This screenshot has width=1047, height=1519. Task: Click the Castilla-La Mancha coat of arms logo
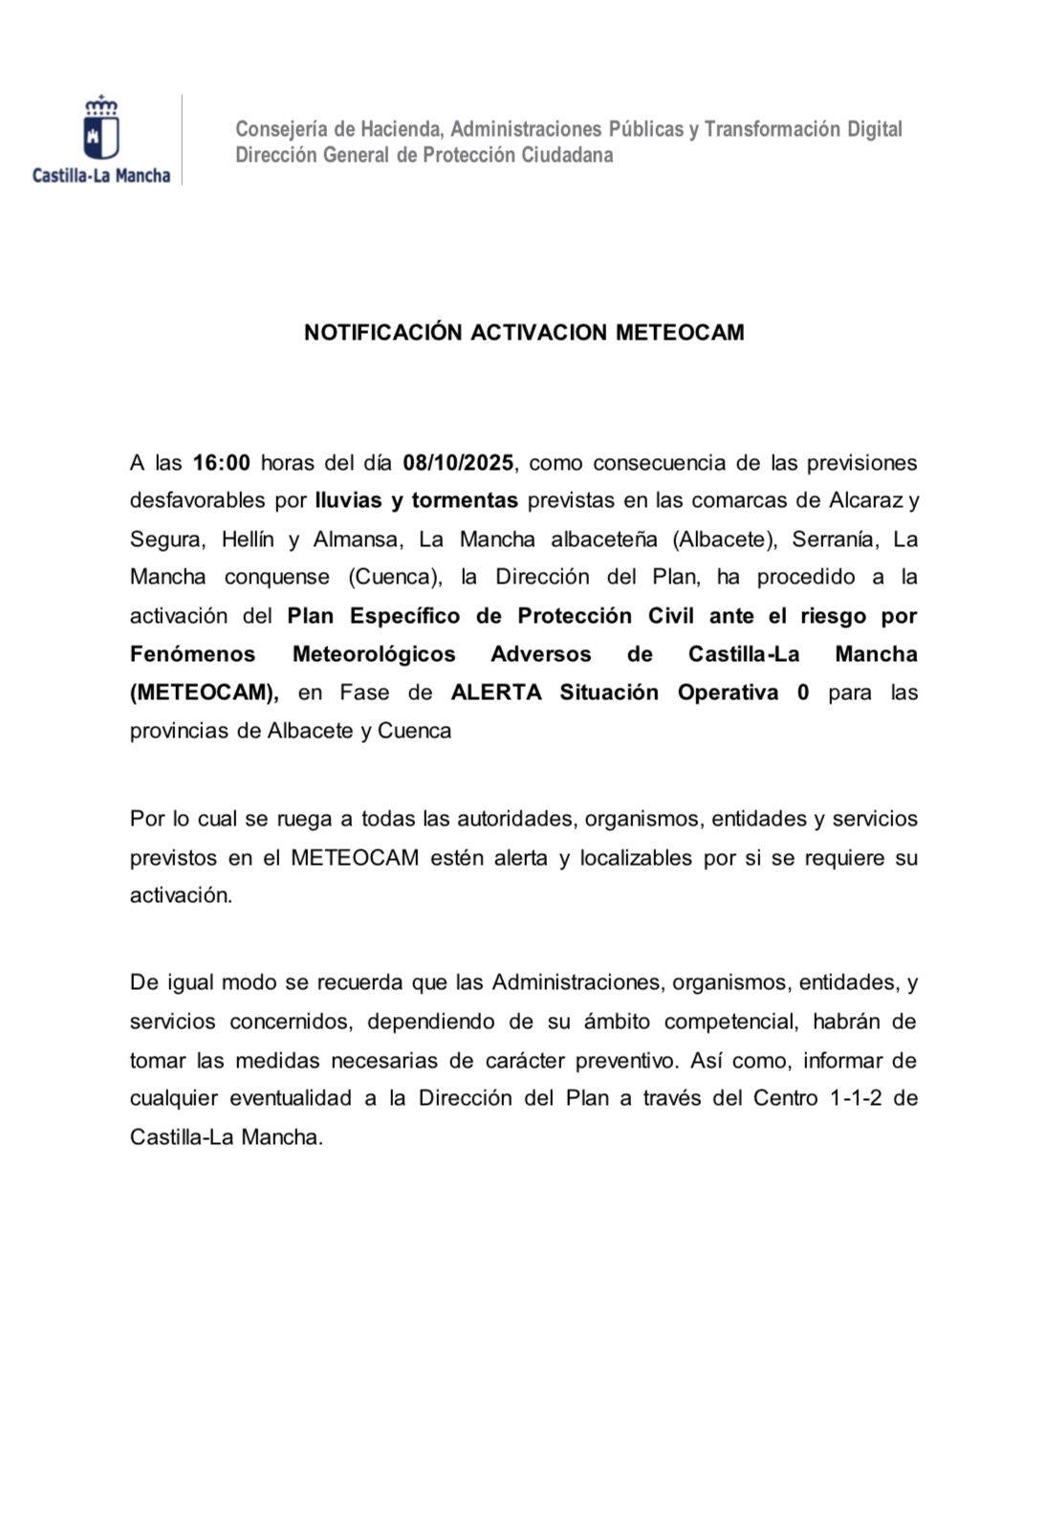coord(101,129)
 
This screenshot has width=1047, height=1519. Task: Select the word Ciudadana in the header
coord(567,155)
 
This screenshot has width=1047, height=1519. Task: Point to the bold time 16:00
coord(222,463)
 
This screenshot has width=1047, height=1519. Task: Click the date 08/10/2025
coord(458,463)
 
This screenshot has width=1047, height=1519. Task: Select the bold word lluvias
coord(348,500)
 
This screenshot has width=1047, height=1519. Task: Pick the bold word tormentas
coord(465,500)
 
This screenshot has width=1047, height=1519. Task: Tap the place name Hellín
coord(248,539)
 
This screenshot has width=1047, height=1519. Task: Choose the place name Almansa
coord(356,539)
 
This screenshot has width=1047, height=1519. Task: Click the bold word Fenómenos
coord(193,654)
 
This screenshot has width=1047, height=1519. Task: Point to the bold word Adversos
coord(540,654)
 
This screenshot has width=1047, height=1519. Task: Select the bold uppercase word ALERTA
coord(496,693)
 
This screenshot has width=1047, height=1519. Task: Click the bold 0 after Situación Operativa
coord(803,693)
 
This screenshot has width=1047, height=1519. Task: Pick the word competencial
coord(731,1022)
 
